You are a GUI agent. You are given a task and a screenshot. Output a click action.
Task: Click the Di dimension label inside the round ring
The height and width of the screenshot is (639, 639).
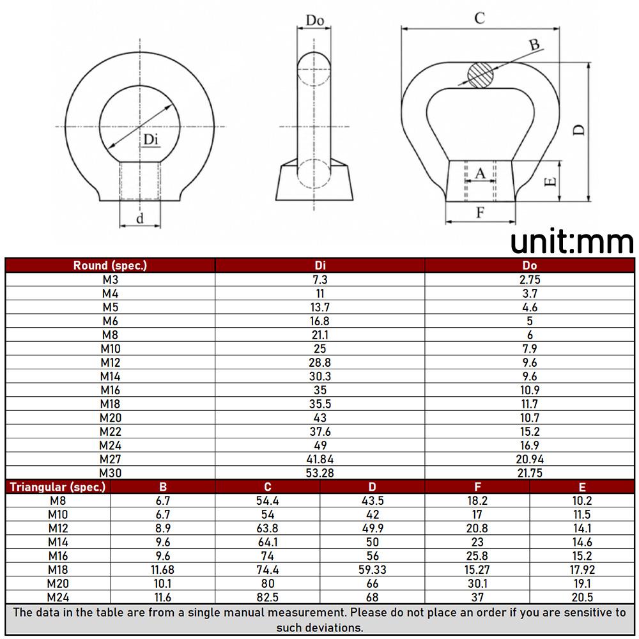tap(150, 140)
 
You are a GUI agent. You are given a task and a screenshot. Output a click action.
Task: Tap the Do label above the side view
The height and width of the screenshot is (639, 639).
tap(314, 20)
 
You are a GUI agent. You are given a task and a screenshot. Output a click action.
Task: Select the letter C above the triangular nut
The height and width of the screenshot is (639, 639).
tap(480, 19)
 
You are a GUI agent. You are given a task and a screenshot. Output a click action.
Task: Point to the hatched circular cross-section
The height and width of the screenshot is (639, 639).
tap(481, 75)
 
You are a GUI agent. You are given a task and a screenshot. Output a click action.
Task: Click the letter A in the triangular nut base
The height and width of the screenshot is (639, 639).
tap(481, 174)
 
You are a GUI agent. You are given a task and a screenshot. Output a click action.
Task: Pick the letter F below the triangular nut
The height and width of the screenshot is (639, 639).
tap(481, 212)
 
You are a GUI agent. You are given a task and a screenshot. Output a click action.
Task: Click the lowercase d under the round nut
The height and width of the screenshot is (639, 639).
tap(140, 219)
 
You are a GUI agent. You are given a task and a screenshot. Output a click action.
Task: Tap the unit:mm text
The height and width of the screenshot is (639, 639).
tap(572, 242)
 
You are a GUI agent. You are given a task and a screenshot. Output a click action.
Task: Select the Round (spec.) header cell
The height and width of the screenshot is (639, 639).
tap(110, 265)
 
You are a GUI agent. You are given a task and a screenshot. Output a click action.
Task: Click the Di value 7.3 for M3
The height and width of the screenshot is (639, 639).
tap(320, 280)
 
